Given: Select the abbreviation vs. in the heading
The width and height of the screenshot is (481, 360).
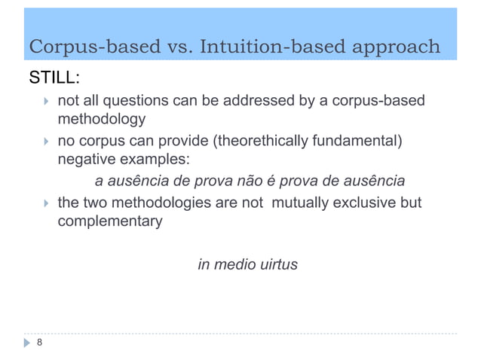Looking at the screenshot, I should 180,47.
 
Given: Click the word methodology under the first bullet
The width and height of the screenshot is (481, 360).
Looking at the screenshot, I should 102,118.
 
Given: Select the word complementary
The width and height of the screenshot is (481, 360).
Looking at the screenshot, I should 110,222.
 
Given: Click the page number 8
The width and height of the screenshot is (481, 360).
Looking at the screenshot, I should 39,343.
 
